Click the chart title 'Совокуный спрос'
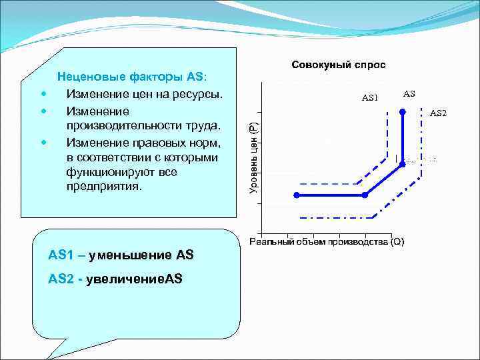coord(338,65)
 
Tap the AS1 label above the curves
coord(369,98)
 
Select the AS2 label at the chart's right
coord(438,113)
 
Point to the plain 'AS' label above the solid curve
coord(409,94)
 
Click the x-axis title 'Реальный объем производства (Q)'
coord(327,241)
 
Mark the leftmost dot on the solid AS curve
coord(297,195)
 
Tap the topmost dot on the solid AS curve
coord(402,113)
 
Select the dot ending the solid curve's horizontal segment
coord(365,195)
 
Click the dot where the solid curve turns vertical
coord(402,164)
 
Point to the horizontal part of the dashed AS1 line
coord(327,183)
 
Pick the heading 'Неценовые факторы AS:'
coord(132,77)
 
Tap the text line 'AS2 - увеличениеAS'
coord(115,278)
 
